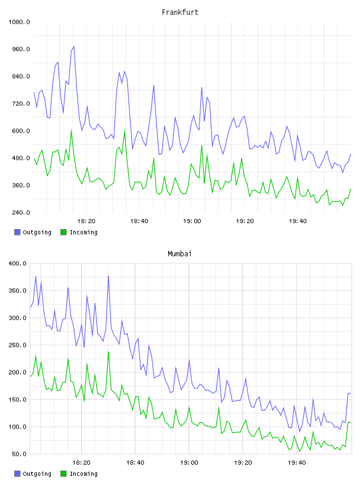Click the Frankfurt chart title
pos(180,12)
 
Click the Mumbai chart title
pos(179,254)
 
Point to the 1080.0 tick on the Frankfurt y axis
pos(19,22)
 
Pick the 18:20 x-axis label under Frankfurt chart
pos(86,221)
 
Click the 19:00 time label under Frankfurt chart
pos(192,221)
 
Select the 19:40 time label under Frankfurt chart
pos(298,221)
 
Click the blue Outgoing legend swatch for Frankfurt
pos(17,232)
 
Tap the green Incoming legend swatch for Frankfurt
pos(63,232)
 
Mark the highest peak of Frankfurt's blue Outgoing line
pos(73,47)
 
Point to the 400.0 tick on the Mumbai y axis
pos(18,263)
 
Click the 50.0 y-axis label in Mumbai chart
pos(19,454)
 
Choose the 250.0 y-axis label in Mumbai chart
pos(18,345)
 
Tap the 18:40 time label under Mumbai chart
pos(136,463)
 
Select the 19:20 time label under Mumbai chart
pos(243,463)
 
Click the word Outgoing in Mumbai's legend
pos(37,474)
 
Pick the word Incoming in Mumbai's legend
pos(83,474)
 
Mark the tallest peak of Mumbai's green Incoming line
pos(108,352)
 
